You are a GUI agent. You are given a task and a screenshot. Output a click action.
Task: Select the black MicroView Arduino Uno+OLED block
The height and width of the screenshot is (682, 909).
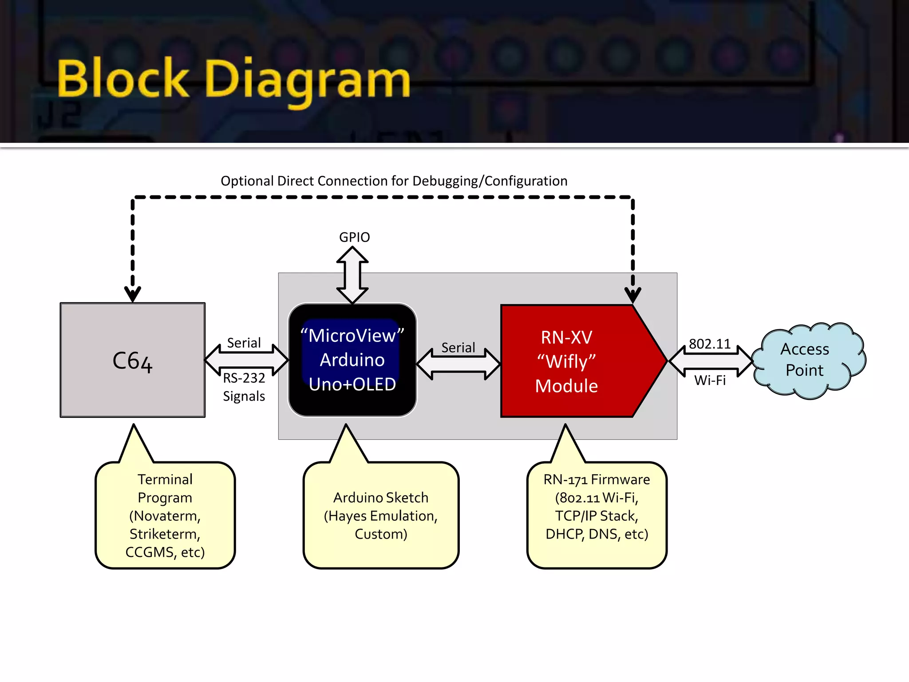[x=352, y=360]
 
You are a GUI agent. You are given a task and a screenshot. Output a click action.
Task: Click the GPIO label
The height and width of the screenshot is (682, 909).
[x=354, y=237]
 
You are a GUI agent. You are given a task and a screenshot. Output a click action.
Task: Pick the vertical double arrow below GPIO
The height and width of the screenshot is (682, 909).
[x=352, y=275]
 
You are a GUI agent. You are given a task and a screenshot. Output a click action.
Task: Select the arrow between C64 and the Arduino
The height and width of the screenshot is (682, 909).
[x=246, y=360]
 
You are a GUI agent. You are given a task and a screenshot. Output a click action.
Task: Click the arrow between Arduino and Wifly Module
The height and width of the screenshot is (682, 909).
[x=459, y=364]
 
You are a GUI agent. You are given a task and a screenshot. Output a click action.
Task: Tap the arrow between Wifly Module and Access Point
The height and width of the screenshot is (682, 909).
[x=710, y=361]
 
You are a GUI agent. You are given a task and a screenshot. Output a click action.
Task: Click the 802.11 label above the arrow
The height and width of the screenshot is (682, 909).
[x=710, y=344]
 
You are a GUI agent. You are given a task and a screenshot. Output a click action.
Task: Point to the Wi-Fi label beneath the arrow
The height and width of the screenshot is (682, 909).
[x=710, y=380]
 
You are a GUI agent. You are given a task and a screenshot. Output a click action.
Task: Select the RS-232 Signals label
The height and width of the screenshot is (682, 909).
[x=244, y=387]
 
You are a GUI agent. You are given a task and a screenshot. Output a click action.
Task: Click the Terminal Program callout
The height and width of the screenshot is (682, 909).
[x=165, y=515]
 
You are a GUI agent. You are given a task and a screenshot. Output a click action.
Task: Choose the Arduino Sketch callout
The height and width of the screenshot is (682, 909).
[x=381, y=515]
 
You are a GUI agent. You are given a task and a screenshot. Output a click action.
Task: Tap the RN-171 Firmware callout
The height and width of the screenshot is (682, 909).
[x=597, y=515]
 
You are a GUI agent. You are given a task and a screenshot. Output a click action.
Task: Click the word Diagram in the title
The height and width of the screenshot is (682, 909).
[x=307, y=80]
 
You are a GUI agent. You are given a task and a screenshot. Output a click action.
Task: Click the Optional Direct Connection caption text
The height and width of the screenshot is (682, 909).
[x=394, y=181]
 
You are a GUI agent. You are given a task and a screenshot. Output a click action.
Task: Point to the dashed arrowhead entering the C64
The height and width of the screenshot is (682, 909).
[x=132, y=294]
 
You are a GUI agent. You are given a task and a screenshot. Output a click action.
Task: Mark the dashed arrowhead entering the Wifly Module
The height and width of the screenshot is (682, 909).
[x=632, y=295]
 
